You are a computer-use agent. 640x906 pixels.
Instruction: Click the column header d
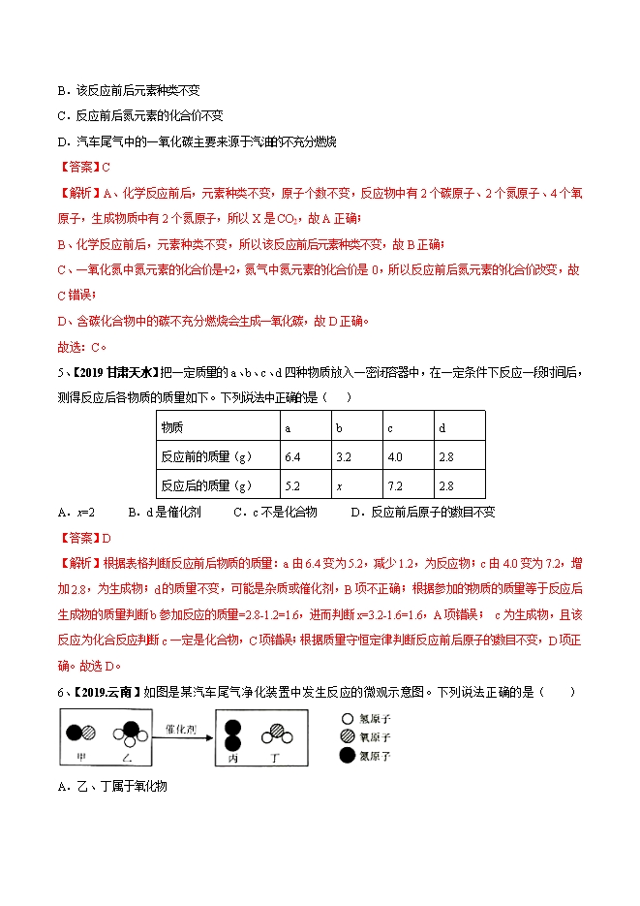[442, 426]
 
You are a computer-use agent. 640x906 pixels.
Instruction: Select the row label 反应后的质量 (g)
[206, 484]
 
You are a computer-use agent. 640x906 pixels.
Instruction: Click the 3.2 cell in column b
[343, 455]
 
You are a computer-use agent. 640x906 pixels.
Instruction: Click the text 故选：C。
[82, 348]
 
